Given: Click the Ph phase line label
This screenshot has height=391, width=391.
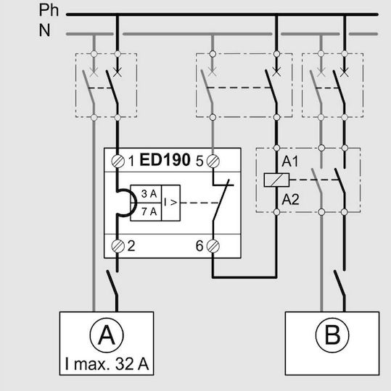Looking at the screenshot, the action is [x=49, y=10].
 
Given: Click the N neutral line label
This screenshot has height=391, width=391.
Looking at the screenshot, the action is [x=44, y=30].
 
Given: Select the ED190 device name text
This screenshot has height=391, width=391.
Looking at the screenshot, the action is [x=165, y=159].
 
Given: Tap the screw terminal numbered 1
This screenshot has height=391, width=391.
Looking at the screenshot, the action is [x=118, y=161].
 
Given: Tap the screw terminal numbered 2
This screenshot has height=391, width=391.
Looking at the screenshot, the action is [x=118, y=246].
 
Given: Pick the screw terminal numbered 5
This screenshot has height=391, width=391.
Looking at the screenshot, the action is [x=213, y=161].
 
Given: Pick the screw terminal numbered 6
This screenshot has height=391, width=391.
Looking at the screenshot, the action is [x=213, y=246].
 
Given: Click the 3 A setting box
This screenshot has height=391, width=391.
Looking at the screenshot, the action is [x=146, y=194].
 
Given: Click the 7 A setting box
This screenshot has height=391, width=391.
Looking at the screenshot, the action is [x=146, y=211].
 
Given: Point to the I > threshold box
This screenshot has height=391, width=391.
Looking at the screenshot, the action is [x=171, y=203].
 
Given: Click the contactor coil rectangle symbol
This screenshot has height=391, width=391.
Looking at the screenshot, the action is [x=276, y=180].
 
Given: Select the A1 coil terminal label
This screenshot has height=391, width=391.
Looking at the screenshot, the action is [x=290, y=161].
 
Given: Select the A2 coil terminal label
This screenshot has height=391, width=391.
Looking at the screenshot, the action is [x=290, y=200].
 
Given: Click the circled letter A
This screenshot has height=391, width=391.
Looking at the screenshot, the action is [x=107, y=335].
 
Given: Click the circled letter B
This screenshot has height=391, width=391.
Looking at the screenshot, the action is [x=332, y=335].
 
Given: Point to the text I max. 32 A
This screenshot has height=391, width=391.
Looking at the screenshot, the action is [x=107, y=363].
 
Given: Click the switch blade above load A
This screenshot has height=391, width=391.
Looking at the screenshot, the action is [x=112, y=284].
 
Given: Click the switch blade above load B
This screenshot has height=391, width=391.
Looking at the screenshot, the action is [x=339, y=284].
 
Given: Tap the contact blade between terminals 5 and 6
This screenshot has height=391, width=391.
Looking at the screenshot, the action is [x=221, y=201].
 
